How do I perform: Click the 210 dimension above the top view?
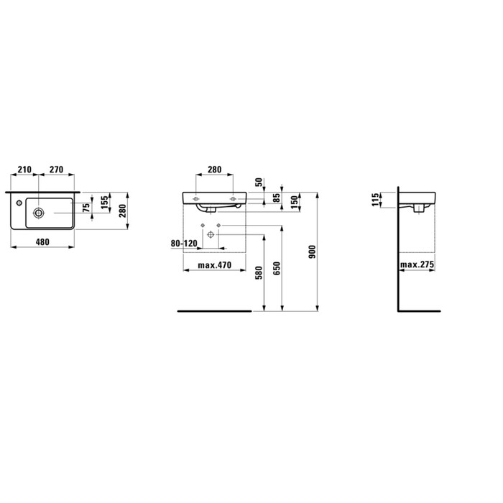pyautogui.click(x=24, y=170)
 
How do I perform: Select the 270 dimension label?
pyautogui.click(x=56, y=170)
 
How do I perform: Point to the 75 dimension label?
pyautogui.click(x=88, y=208)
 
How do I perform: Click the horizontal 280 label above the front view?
pyautogui.click(x=214, y=170)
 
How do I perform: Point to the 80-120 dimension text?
pyautogui.click(x=184, y=243)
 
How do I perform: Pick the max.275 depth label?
pyautogui.click(x=418, y=265)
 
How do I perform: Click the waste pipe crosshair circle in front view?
pyautogui.click(x=211, y=235)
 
